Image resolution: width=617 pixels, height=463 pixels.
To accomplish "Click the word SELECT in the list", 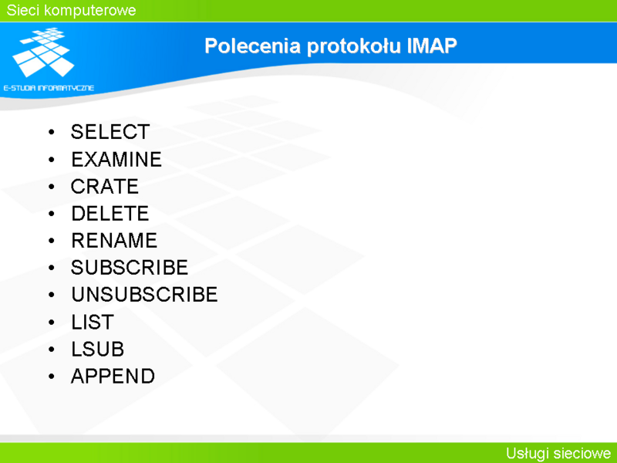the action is [110, 132].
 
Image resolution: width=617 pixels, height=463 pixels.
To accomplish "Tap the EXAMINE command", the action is [116, 160].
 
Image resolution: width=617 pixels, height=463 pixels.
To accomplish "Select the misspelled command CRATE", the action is [105, 186].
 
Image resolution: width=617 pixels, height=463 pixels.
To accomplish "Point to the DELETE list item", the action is [110, 214].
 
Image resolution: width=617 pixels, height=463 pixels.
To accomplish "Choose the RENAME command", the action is [114, 241].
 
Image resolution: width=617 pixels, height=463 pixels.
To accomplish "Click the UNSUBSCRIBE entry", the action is [144, 295].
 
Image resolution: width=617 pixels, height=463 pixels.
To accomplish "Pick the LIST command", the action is [93, 322].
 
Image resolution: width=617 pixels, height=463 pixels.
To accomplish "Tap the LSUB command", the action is [98, 350].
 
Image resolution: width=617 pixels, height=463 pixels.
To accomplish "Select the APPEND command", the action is [113, 376].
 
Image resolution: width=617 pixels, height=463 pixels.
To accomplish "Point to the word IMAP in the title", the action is [432, 46].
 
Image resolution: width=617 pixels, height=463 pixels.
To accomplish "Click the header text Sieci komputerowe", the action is [71, 10].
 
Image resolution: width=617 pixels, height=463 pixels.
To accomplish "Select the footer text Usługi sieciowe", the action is [558, 453].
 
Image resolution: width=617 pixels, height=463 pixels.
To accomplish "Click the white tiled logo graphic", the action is [43, 52].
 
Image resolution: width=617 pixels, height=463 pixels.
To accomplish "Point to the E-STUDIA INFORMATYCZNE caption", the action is [49, 88].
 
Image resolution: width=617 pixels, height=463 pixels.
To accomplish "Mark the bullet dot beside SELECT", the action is [52, 132].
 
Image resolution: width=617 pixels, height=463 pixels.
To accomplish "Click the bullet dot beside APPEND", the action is [52, 377].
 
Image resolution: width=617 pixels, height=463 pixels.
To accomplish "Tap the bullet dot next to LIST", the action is [52, 323].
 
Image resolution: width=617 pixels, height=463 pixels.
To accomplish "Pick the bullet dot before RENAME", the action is [52, 241].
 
